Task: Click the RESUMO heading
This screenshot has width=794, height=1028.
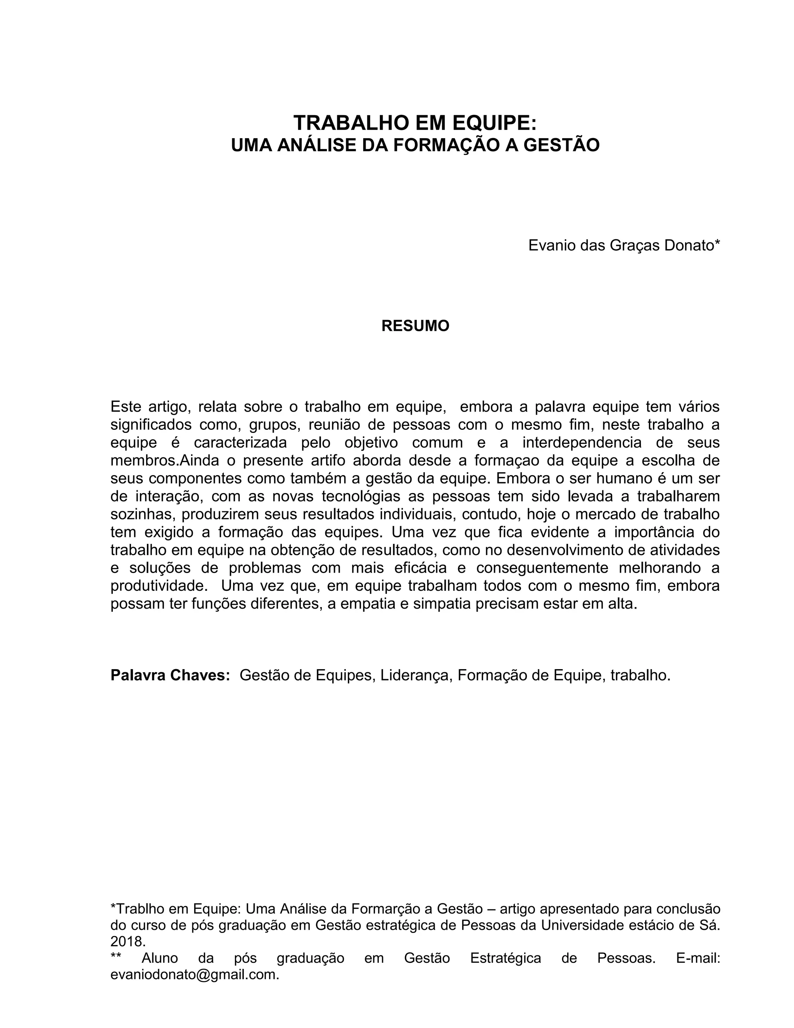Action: tap(415, 326)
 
